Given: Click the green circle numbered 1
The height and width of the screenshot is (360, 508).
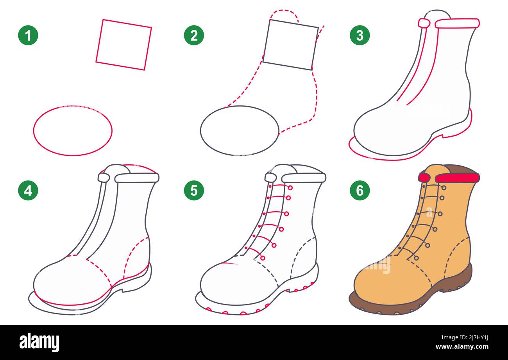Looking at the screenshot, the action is (x=28, y=35).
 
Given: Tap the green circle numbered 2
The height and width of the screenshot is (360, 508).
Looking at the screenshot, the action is (x=194, y=35).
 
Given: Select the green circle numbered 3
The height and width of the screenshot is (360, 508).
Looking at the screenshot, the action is (x=360, y=35).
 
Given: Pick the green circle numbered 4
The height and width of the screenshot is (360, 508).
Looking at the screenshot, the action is (x=28, y=190).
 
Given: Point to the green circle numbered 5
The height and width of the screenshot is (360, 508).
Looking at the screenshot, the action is (x=194, y=190).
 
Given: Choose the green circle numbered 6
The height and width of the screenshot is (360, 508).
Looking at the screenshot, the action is (x=360, y=190).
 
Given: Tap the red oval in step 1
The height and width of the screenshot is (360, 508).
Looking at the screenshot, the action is (x=34, y=131).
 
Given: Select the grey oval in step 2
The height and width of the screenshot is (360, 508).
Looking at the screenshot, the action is (x=200, y=131).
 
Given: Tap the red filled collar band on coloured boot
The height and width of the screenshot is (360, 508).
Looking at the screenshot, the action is (x=457, y=178).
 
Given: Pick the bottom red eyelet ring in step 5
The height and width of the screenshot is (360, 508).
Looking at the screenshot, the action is (x=263, y=258).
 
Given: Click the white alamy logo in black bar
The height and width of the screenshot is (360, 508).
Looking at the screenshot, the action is (x=39, y=342).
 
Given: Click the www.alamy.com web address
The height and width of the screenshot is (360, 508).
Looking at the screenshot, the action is (x=462, y=347).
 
